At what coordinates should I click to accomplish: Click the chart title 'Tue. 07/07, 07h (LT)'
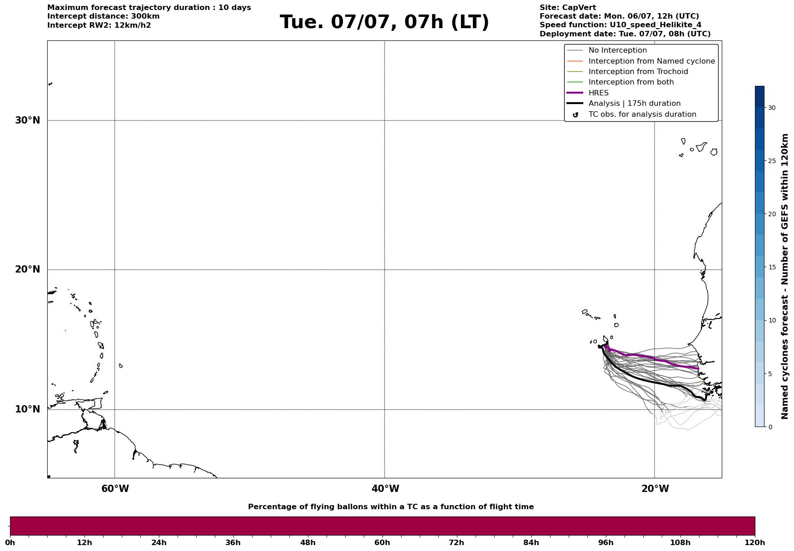384,22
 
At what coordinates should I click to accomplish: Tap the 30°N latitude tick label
28,120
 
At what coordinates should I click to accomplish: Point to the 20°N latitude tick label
28,269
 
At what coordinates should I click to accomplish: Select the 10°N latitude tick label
28,409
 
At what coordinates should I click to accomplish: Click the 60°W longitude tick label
115,489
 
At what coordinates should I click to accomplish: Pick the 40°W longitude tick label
385,489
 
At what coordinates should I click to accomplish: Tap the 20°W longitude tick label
655,489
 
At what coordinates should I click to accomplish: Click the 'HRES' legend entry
598,93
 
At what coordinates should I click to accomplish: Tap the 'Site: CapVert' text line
568,8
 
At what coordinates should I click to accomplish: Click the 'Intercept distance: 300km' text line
104,16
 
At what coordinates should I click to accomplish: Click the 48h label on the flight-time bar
308,542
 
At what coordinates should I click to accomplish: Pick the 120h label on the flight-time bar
755,542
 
